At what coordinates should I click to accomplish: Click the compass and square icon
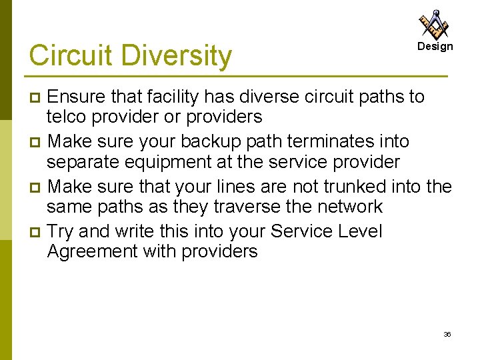point(434,25)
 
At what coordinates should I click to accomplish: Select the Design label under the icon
point(435,47)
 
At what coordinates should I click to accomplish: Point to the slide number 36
point(447,334)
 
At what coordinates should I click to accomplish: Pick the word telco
point(67,117)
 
